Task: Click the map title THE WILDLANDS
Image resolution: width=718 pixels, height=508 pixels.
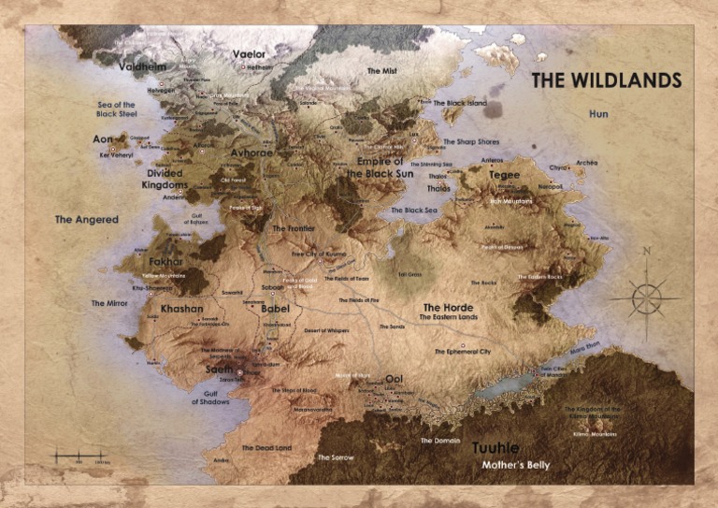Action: (x=606, y=80)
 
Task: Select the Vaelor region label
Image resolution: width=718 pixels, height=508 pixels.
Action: (x=249, y=54)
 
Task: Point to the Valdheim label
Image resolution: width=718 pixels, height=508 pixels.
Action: (x=143, y=66)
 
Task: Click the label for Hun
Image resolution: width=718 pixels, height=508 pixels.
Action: (x=598, y=113)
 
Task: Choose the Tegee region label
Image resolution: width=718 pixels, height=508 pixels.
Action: (x=504, y=175)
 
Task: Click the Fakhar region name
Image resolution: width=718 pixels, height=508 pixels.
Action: (x=166, y=262)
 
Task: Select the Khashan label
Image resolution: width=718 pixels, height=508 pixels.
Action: (x=181, y=309)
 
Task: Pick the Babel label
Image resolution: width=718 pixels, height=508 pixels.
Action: (x=275, y=309)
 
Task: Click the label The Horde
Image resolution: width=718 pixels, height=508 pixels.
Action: (x=448, y=307)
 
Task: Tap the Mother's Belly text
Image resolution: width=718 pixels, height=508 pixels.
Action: (x=515, y=465)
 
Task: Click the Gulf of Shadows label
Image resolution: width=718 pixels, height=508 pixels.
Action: (x=209, y=397)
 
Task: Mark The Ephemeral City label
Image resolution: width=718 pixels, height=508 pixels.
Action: (x=462, y=351)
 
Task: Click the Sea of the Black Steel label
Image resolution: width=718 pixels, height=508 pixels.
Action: (x=116, y=109)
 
